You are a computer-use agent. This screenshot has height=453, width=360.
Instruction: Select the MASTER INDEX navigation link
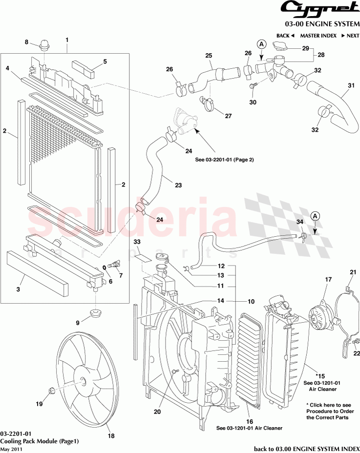coord(318,36)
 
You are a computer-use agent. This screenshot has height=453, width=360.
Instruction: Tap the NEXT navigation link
coord(350,36)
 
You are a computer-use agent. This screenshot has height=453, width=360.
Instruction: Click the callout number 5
coord(104,62)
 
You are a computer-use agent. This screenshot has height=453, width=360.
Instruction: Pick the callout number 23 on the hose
coord(178,185)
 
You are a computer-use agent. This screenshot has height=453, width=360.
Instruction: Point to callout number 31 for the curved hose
coord(350,86)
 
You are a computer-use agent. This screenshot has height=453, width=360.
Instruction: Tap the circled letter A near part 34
coord(315,216)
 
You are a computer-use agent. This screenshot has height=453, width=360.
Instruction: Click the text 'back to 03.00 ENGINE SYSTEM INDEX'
coord(306,449)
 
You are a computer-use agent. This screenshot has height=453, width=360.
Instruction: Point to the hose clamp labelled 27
coord(208,103)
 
